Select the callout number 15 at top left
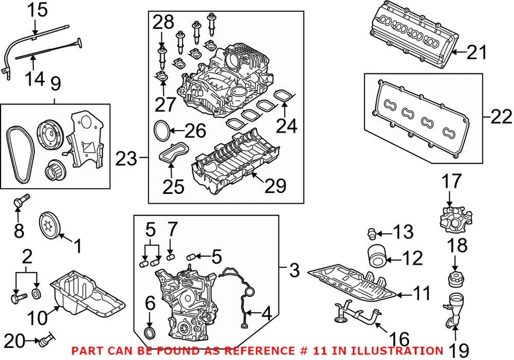click(37, 9)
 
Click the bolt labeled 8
click(20, 201)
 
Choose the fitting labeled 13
click(371, 232)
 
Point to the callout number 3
click(293, 271)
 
